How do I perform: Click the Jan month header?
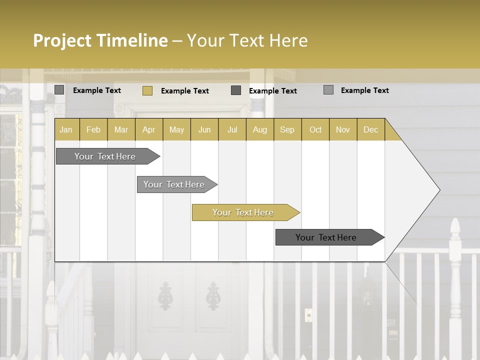pos(66,129)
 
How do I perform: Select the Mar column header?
pos(121,129)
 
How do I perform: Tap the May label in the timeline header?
pos(176,129)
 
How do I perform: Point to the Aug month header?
pos(259,129)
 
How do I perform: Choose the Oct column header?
pos(315,129)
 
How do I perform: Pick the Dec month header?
pos(370,129)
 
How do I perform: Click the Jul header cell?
pos(232,129)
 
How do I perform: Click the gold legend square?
pos(147,90)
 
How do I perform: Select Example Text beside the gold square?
pos(185,91)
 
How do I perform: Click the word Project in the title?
pos(62,40)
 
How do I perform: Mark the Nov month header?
pos(342,129)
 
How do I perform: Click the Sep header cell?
pos(287,129)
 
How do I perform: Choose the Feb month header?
pos(93,129)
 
